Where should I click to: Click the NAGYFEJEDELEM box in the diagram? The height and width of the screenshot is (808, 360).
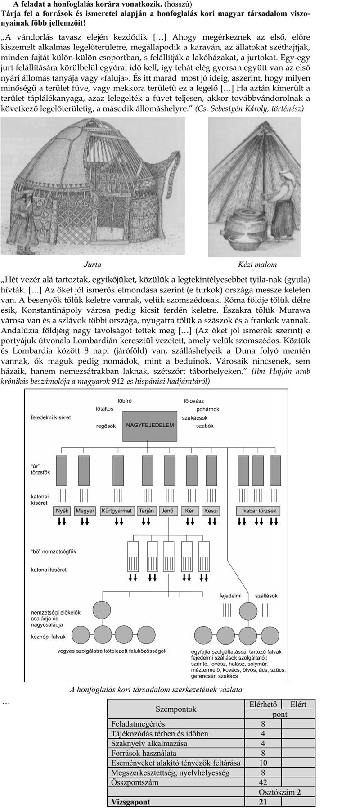tap(150, 425)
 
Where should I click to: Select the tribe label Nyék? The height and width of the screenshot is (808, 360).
tap(62, 511)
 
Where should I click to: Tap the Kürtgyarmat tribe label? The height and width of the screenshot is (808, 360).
tap(117, 511)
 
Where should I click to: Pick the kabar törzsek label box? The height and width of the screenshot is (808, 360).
tap(260, 511)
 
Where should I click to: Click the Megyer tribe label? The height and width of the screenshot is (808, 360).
tap(85, 511)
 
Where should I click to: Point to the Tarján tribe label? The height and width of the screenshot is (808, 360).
tap(146, 511)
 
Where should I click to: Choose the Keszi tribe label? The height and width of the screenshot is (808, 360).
tap(211, 511)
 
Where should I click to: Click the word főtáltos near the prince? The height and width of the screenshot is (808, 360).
tap(104, 409)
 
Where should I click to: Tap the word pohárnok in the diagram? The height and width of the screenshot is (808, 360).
tap(207, 409)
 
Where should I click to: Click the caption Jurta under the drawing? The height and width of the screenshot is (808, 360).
tap(92, 265)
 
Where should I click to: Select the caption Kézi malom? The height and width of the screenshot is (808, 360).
tap(257, 265)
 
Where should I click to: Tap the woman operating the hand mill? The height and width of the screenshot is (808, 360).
tap(283, 198)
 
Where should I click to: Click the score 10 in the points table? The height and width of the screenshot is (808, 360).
tap(263, 763)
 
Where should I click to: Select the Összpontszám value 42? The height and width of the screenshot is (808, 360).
tap(263, 782)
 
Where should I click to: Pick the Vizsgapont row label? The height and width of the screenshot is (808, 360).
tap(131, 802)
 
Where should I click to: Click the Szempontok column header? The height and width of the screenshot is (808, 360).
tap(176, 709)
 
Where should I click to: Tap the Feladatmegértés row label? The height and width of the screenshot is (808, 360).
tap(138, 724)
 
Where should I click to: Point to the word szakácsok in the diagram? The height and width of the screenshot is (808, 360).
tap(195, 418)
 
